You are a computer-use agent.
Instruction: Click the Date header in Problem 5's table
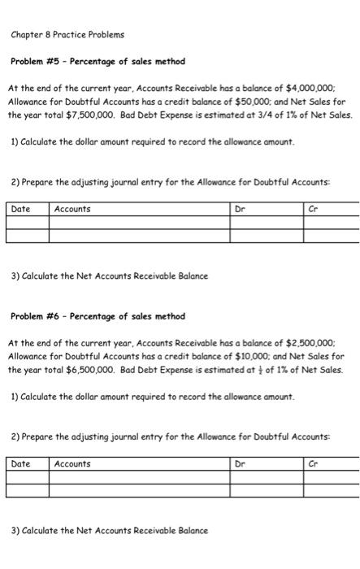(x=20, y=210)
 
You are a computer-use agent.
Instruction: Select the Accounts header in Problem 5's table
(x=72, y=210)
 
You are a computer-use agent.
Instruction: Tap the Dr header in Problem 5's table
(x=239, y=210)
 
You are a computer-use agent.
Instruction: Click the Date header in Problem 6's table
(x=20, y=464)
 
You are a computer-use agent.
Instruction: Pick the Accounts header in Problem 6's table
(x=72, y=464)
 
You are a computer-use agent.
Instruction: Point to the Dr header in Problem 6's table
(x=239, y=464)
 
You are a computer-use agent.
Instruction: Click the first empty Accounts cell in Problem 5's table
(x=139, y=223)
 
